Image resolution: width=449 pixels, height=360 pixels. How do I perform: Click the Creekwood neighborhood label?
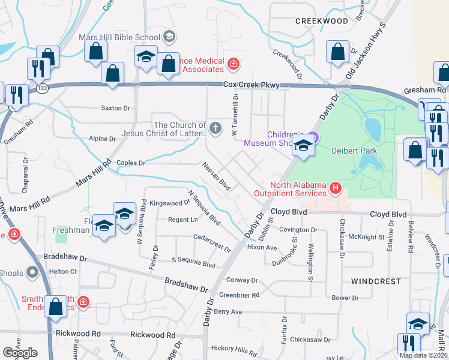click(321, 21)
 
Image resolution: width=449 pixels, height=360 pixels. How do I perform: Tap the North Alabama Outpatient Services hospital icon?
click(336, 190)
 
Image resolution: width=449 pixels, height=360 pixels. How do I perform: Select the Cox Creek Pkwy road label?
click(252, 86)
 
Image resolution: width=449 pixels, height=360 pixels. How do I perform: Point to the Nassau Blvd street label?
click(217, 176)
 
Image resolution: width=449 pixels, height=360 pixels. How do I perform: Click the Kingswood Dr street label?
click(170, 203)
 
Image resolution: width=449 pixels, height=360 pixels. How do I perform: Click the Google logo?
click(20, 352)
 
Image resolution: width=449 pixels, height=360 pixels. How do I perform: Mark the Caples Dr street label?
click(131, 163)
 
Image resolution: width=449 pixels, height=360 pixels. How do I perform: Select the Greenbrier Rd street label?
click(239, 295)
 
